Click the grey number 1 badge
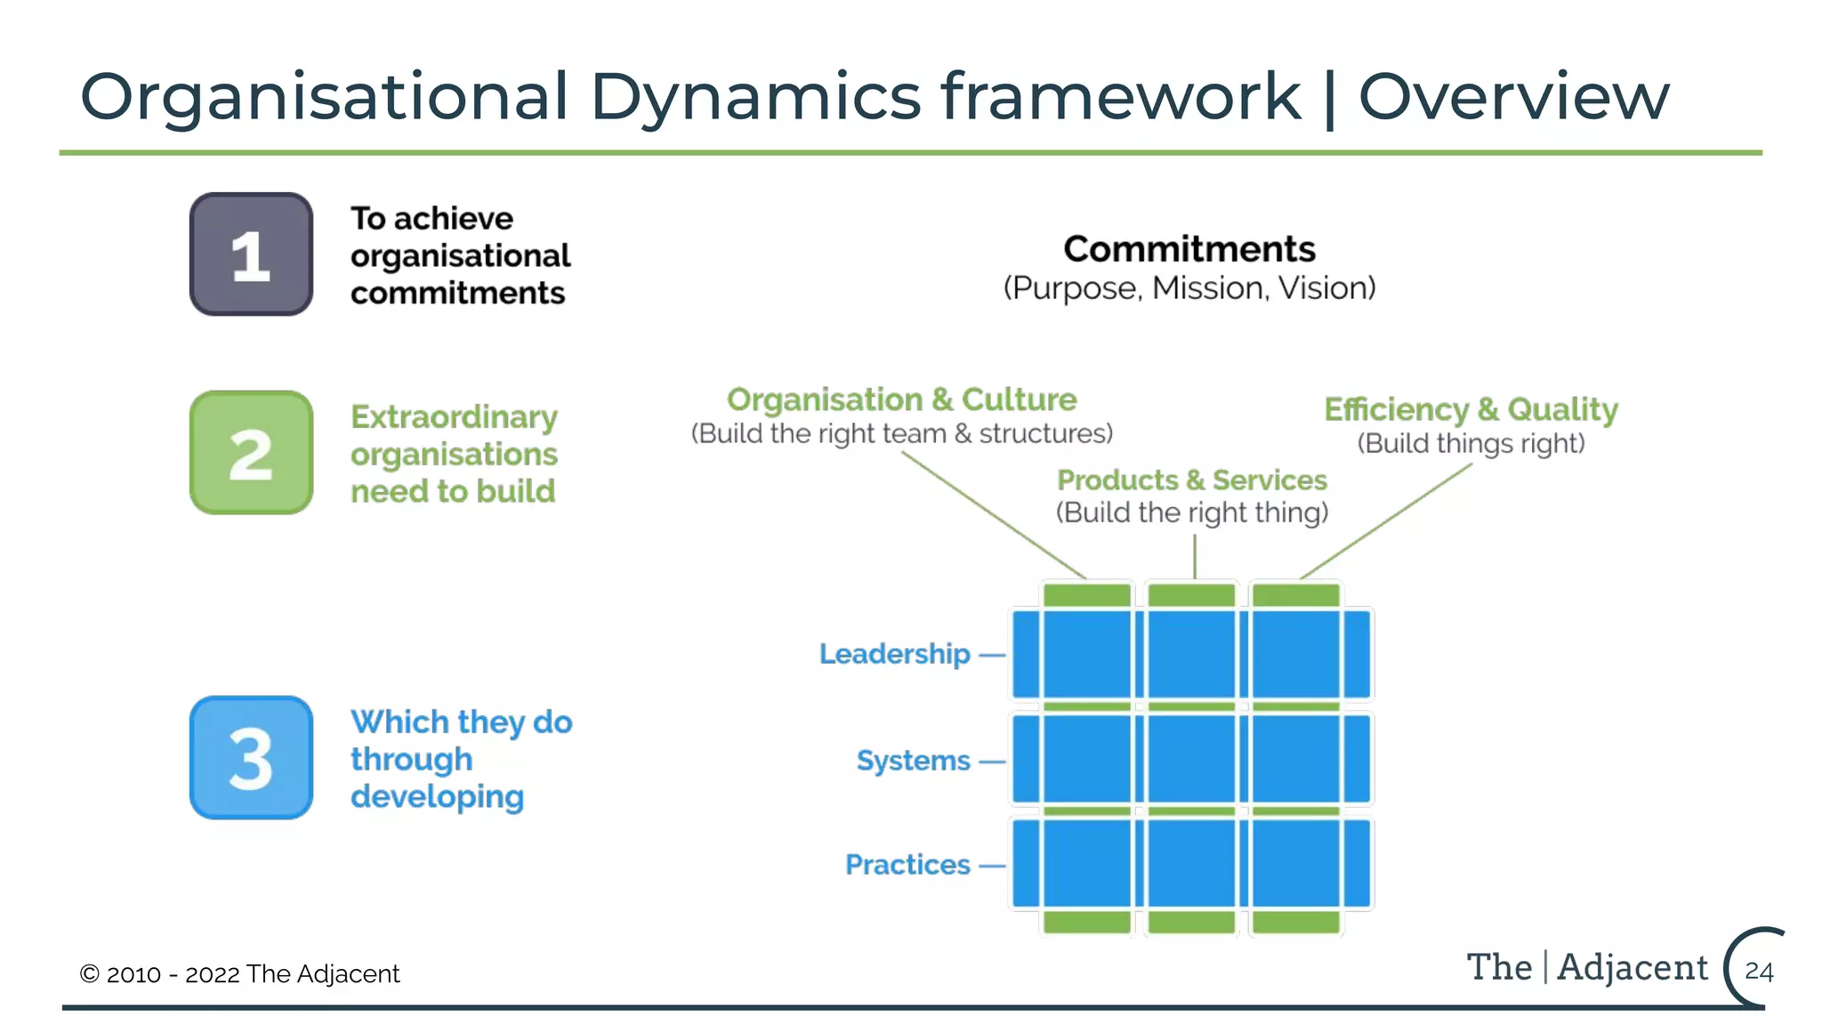coord(251,254)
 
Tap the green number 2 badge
coord(251,453)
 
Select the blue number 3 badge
coord(251,758)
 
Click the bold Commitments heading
coord(1189,249)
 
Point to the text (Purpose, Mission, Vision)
coord(1189,288)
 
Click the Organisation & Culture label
coord(901,400)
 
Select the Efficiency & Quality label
coord(1471,409)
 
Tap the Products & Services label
coord(1191,480)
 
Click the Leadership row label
coord(894,654)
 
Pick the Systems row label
coord(913,761)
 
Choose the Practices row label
coord(907,865)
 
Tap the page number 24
coord(1759,971)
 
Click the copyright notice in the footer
coord(239,974)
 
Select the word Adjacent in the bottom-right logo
coord(1633,967)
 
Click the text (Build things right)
coord(1471,443)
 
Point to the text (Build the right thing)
coord(1191,512)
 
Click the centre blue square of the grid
coord(1191,759)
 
